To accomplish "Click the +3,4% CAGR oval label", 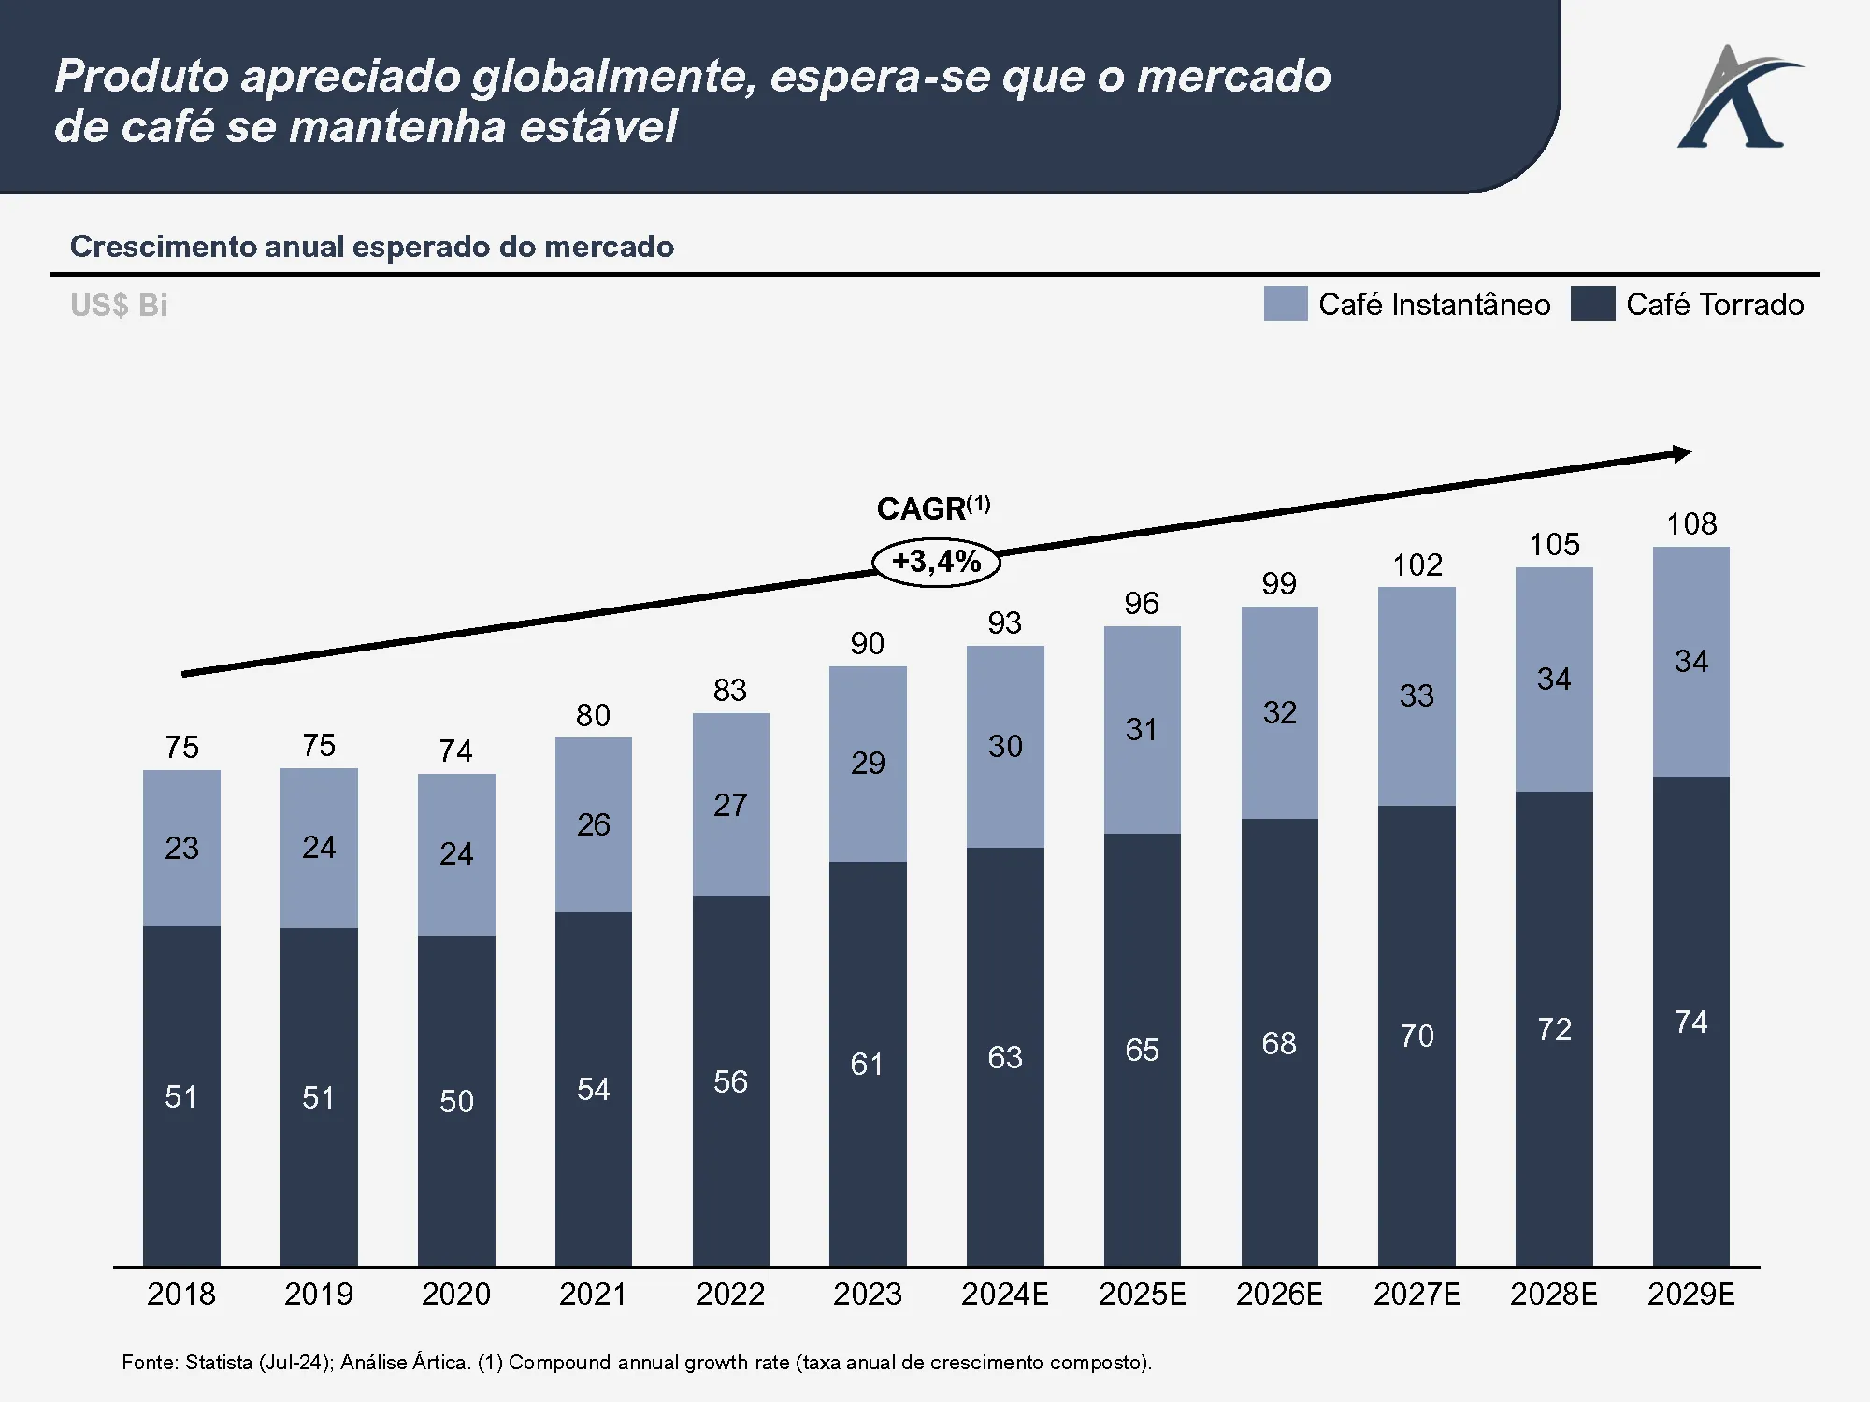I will click(x=936, y=562).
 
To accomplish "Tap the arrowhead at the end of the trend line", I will click(x=1683, y=453).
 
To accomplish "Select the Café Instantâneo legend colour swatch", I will click(x=1285, y=304).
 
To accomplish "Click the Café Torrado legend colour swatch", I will click(x=1592, y=304).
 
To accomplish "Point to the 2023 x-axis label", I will click(x=867, y=1295).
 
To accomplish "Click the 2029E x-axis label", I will click(x=1690, y=1295).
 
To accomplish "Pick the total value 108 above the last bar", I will click(x=1691, y=523).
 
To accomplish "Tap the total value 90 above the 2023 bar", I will click(x=867, y=643).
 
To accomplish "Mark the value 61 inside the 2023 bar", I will click(x=867, y=1064).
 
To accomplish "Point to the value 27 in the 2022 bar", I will click(x=730, y=805).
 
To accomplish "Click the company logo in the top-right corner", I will click(x=1739, y=97).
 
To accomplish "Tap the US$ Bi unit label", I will click(x=119, y=306).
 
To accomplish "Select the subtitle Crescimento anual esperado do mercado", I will click(x=371, y=247).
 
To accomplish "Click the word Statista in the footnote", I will click(x=219, y=1362).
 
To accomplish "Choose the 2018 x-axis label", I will click(x=181, y=1295).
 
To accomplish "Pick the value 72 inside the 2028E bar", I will click(x=1554, y=1029).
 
